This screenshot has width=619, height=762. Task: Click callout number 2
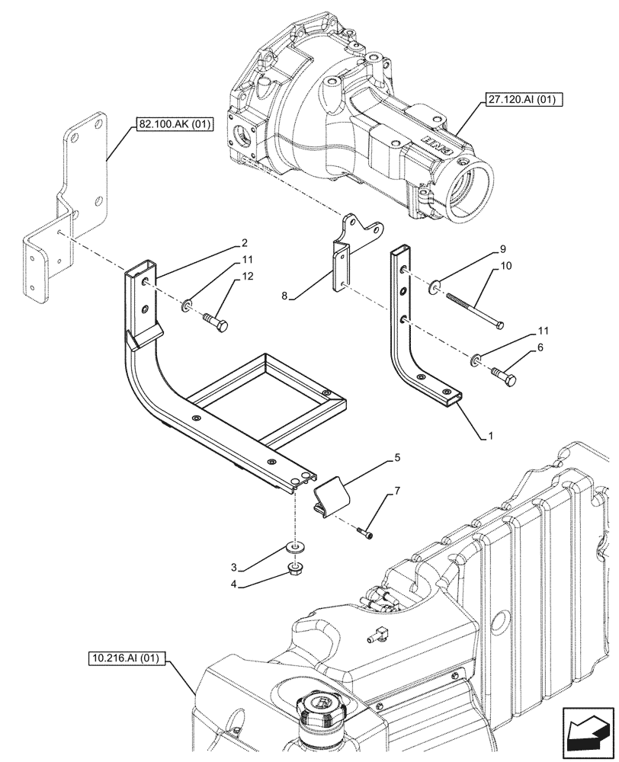(245, 243)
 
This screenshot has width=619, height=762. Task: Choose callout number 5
(397, 459)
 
